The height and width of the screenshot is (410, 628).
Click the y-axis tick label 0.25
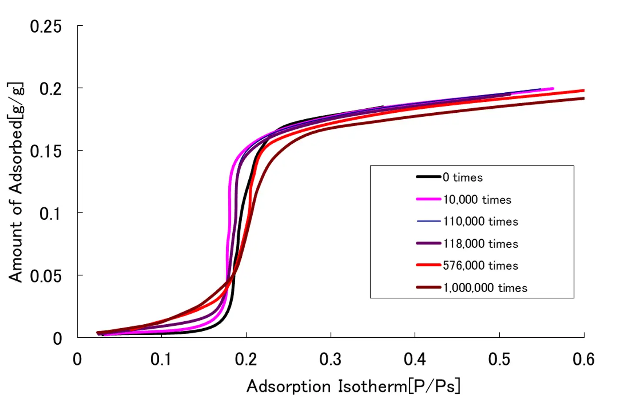(x=46, y=27)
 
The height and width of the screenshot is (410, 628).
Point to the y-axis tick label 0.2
(x=50, y=89)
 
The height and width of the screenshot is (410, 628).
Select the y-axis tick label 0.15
(x=46, y=151)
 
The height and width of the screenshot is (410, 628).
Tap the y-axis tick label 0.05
(x=46, y=276)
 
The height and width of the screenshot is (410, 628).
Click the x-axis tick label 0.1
(x=161, y=360)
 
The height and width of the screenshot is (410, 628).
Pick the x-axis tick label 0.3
(x=331, y=360)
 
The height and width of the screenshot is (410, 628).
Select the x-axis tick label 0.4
(x=415, y=360)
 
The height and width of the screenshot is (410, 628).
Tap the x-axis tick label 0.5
(x=499, y=360)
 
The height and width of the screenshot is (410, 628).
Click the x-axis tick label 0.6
(x=583, y=360)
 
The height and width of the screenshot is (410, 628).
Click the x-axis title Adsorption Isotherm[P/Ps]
(x=353, y=386)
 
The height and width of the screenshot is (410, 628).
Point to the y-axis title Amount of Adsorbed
(x=16, y=183)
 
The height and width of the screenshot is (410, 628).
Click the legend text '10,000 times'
(x=477, y=200)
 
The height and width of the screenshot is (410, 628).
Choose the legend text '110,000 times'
(x=481, y=222)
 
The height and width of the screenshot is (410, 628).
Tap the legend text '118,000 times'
(x=481, y=244)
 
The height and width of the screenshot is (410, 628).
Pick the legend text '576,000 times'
(x=481, y=265)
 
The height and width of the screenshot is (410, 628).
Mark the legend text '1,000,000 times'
(x=485, y=288)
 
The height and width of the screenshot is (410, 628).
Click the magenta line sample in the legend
(x=429, y=199)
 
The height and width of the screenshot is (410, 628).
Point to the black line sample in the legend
(x=429, y=177)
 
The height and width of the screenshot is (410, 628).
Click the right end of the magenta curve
(x=552, y=89)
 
